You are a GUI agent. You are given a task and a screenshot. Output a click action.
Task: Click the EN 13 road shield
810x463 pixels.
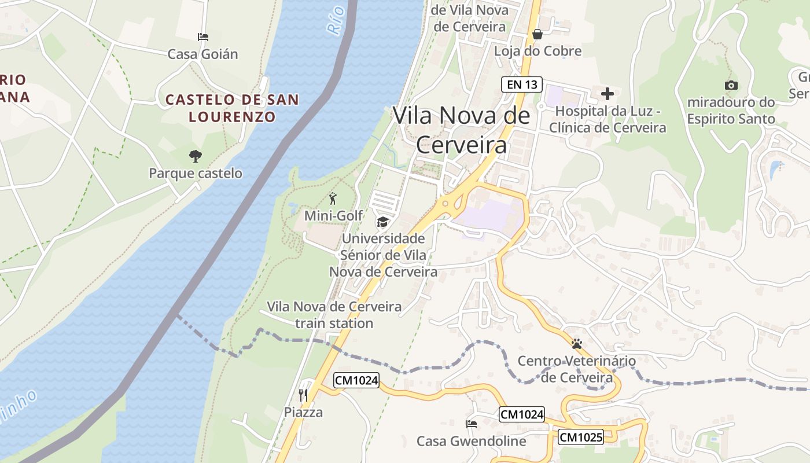[522, 84]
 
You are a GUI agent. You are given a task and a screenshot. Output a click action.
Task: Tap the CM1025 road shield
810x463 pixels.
[580, 437]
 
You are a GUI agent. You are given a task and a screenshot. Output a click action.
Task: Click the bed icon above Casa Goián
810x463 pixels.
[203, 37]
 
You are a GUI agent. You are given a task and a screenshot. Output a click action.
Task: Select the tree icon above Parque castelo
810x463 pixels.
[196, 155]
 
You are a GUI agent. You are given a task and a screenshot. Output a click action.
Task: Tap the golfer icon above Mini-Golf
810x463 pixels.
[333, 199]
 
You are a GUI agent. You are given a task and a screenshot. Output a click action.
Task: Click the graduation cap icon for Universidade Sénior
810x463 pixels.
[382, 222]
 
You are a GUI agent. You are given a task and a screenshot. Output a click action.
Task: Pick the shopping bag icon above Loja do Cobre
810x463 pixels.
[537, 34]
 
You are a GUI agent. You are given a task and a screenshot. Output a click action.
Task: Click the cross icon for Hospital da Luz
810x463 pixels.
[607, 93]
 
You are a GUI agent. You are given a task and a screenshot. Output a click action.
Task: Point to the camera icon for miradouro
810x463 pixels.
[731, 86]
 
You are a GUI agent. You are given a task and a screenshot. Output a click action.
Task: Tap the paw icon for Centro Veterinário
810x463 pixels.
[576, 344]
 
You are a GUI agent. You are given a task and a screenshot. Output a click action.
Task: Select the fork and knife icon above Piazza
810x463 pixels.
[303, 395]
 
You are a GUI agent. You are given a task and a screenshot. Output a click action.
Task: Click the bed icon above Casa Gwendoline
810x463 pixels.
[472, 424]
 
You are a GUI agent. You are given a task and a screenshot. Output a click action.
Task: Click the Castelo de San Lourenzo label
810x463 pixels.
[233, 108]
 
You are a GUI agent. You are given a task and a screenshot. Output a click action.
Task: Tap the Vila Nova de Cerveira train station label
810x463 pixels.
[334, 315]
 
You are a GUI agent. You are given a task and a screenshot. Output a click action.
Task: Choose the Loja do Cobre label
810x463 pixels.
[537, 52]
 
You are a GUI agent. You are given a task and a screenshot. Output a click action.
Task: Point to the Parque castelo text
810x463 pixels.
[196, 173]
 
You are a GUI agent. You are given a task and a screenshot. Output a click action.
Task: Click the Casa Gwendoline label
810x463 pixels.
[472, 442]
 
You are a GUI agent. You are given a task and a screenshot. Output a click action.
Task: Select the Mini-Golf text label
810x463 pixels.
[334, 216]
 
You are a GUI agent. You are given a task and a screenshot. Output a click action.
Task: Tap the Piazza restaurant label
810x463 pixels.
[303, 413]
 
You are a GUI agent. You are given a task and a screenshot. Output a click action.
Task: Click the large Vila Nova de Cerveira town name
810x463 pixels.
[461, 130]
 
